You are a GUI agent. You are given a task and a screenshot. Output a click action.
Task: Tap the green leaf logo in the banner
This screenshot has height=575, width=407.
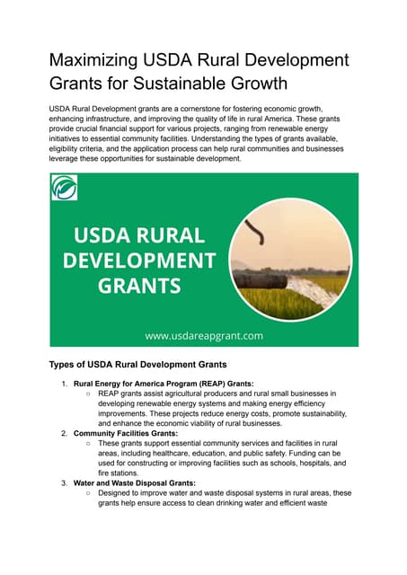point(65,188)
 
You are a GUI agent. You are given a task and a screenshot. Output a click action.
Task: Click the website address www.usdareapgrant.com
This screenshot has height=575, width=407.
point(204,335)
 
